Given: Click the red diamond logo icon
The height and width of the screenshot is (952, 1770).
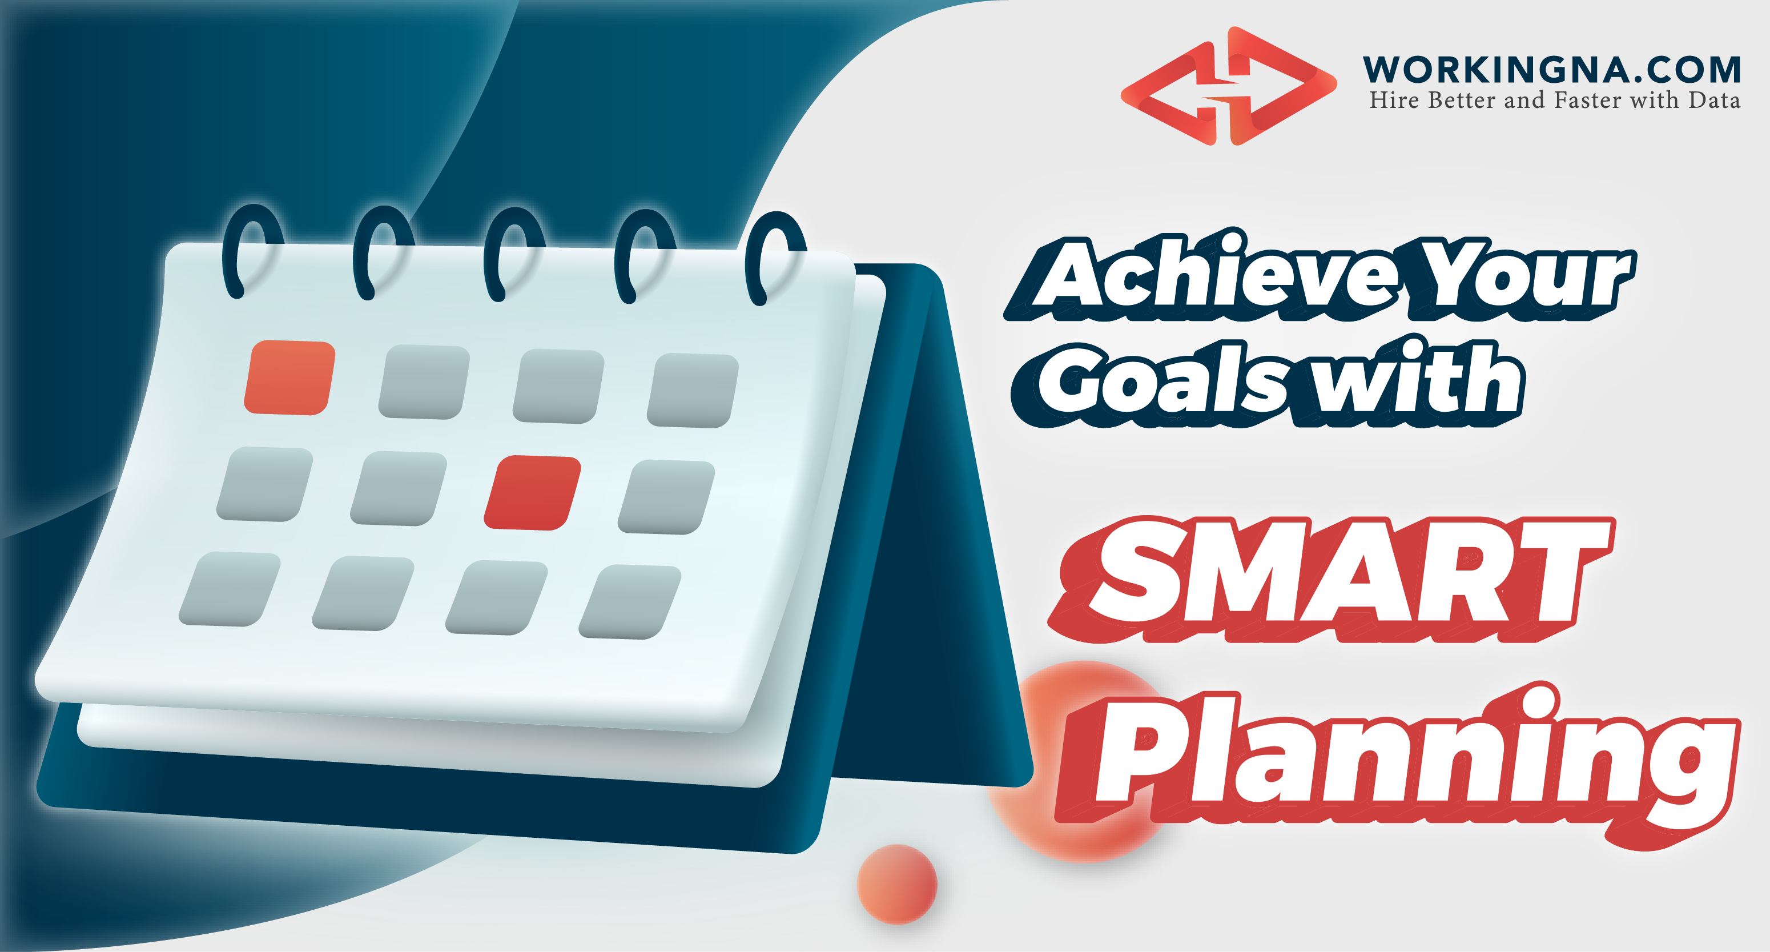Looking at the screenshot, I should tap(1229, 86).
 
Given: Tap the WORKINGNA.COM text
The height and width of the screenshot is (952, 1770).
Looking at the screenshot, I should tap(1551, 70).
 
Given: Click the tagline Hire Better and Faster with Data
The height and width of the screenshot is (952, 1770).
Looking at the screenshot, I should tap(1554, 101).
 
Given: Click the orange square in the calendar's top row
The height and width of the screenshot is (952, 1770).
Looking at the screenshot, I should tap(290, 377).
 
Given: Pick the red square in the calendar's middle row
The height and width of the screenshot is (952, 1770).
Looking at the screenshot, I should tap(533, 492).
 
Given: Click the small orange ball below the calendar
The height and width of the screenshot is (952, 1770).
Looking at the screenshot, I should tap(896, 883).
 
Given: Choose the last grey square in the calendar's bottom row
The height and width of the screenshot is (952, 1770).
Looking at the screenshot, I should tap(630, 602).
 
